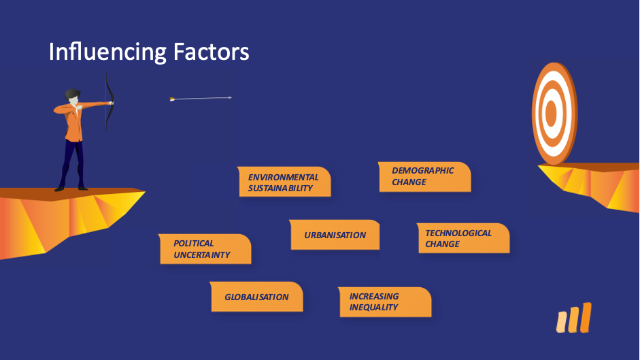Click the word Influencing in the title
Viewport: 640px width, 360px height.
[x=107, y=52]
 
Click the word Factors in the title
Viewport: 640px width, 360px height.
[x=211, y=52]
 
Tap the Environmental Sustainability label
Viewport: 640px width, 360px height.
[x=284, y=182]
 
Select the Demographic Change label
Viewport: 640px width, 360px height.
[x=424, y=177]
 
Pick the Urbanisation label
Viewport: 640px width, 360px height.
[x=335, y=235]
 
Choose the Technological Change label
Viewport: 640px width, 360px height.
[x=463, y=238]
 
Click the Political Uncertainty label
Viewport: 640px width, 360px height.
[x=205, y=249]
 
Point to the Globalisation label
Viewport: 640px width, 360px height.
[x=256, y=297]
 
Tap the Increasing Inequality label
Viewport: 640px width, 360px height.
[x=385, y=302]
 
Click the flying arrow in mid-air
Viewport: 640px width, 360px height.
[x=201, y=99]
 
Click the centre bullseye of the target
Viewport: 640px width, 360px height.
[x=551, y=112]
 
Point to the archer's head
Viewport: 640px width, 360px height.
[x=73, y=97]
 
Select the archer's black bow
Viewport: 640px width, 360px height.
[x=109, y=102]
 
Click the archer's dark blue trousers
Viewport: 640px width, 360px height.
[x=73, y=164]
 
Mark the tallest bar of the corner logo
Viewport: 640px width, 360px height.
[x=586, y=318]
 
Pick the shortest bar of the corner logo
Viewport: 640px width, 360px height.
[x=562, y=322]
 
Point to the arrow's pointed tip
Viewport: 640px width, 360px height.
[x=231, y=98]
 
